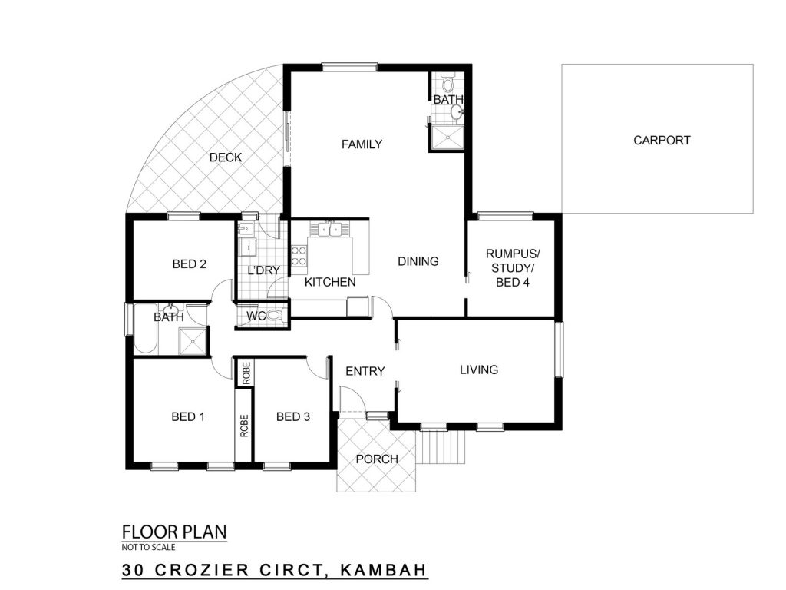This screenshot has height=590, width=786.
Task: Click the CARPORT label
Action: coord(662,141)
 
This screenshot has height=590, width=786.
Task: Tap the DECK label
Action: coord(226,157)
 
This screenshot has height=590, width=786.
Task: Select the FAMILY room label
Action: coord(362,144)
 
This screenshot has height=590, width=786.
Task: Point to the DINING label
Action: coord(418,261)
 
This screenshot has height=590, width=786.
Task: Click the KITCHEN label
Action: coord(330,283)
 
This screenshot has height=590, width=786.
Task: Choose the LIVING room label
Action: coord(479,370)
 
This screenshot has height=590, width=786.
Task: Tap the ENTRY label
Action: coord(365,371)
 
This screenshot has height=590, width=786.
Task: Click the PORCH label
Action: coord(377,459)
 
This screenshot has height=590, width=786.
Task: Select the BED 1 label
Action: coord(188,417)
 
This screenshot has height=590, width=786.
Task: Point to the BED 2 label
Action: coord(189,264)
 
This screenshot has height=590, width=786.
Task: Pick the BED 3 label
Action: coord(293,417)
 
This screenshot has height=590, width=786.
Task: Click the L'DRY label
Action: coord(264,270)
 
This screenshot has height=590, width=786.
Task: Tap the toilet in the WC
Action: coord(276,316)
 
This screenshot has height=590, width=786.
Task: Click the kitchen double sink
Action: coord(329,230)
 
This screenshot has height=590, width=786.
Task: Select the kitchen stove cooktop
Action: coord(299,255)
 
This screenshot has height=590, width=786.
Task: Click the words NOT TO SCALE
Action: coord(148,547)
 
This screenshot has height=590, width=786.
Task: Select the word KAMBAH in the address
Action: coord(384,571)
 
